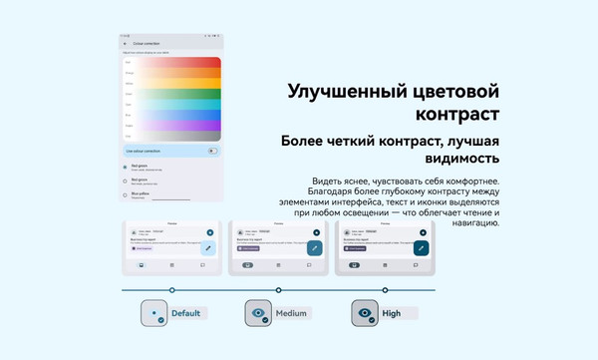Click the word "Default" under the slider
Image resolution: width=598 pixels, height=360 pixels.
[x=185, y=313]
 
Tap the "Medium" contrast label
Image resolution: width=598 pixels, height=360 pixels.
[x=291, y=314]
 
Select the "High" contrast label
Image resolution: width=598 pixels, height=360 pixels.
[x=392, y=314]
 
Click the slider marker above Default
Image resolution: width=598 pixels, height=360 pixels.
[x=172, y=290]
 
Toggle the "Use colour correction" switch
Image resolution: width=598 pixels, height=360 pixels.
[x=212, y=150]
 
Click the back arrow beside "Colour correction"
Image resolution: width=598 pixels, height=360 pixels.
[x=126, y=44]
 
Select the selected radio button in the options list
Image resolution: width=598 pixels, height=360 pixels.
[x=125, y=167]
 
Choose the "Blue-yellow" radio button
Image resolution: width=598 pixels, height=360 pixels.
[x=125, y=195]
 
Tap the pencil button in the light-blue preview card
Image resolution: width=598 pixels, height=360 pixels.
[x=208, y=246]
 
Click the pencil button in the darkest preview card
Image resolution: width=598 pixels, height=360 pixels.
[x=422, y=247]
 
